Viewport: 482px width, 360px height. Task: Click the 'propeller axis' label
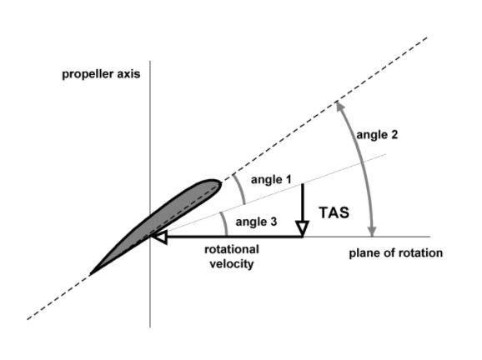tap(101, 74)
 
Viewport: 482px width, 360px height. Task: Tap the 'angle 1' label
tap(271, 180)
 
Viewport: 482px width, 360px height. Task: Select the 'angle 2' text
tap(377, 135)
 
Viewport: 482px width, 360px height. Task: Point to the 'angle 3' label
tap(256, 222)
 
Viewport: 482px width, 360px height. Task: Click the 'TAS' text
tap(334, 212)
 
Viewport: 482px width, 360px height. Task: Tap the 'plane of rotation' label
tap(395, 253)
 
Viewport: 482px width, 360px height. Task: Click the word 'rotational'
tap(232, 249)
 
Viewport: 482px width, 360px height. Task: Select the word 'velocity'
tap(232, 263)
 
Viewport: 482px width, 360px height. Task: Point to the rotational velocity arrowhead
tap(159, 237)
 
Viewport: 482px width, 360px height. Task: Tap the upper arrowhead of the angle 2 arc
tap(339, 106)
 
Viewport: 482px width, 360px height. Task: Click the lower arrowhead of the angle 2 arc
tap(372, 232)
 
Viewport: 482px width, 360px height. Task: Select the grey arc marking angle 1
tap(240, 188)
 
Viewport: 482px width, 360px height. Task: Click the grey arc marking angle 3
tap(224, 223)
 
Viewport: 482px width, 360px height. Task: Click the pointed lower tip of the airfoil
tap(90, 274)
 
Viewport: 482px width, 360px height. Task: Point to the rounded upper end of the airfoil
tap(218, 183)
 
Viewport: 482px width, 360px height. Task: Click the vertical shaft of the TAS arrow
tap(303, 202)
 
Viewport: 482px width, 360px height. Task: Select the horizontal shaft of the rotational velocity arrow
tap(234, 237)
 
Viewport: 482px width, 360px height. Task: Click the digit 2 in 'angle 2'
tap(394, 134)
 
